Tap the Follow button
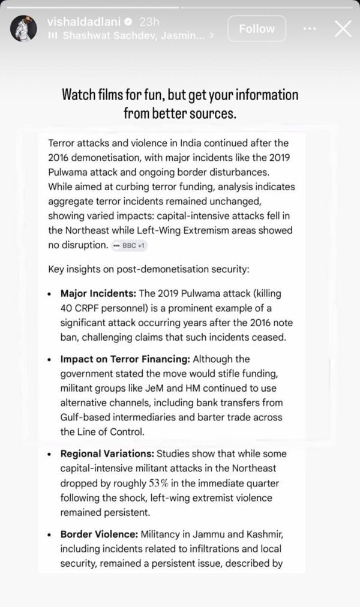257,28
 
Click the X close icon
343,28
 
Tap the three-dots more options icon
309,28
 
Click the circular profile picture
23,28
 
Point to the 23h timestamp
149,22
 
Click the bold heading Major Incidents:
98,294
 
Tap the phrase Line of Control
116,431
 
